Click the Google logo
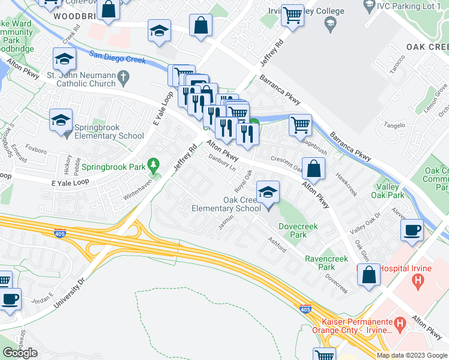click(x=20, y=353)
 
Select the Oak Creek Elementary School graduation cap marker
click(x=267, y=193)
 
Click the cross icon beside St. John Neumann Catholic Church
click(x=124, y=76)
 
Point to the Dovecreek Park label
click(x=298, y=231)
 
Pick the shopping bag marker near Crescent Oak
click(x=313, y=169)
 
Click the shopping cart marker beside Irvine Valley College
click(x=292, y=16)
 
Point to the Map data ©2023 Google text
click(x=412, y=355)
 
